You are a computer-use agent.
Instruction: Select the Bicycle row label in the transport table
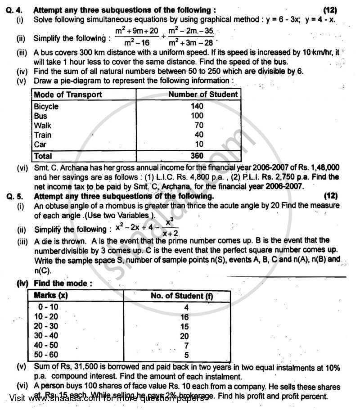coord(46,107)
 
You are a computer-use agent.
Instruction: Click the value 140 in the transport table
coord(197,107)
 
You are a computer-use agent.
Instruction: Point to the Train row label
coord(43,135)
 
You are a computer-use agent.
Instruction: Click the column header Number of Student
coord(202,95)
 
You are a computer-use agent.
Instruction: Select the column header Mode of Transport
coord(68,95)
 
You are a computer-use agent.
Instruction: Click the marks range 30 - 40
coord(46,335)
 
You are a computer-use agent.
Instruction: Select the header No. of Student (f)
coord(182,296)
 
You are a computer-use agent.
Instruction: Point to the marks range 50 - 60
coord(46,355)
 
